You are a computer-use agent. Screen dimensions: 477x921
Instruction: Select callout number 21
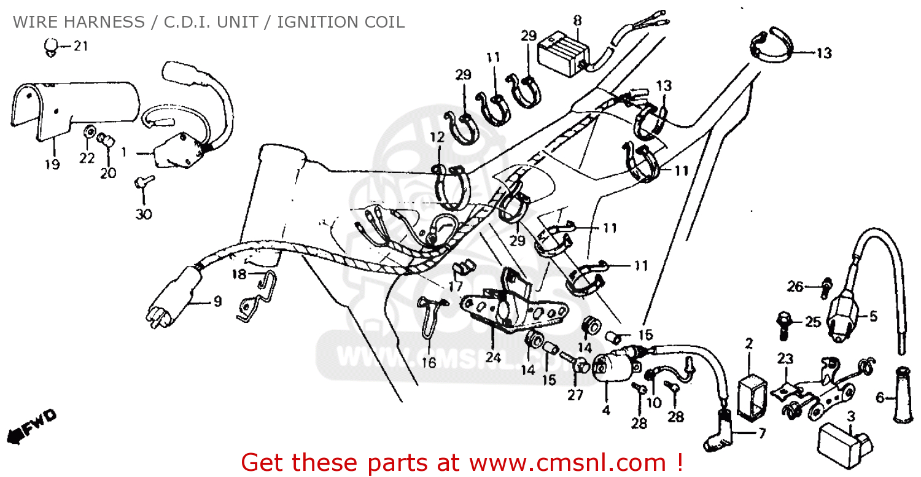click(81, 46)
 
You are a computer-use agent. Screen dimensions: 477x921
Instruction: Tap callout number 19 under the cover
click(52, 165)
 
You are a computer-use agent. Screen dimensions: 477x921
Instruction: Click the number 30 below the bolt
click(144, 214)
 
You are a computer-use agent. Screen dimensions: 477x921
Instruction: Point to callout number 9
click(217, 301)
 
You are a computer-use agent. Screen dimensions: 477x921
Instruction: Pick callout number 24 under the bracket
click(494, 355)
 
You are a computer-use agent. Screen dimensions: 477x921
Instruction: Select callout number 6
click(880, 398)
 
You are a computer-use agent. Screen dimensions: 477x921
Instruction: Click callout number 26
click(795, 286)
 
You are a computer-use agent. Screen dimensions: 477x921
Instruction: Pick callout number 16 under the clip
click(429, 363)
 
